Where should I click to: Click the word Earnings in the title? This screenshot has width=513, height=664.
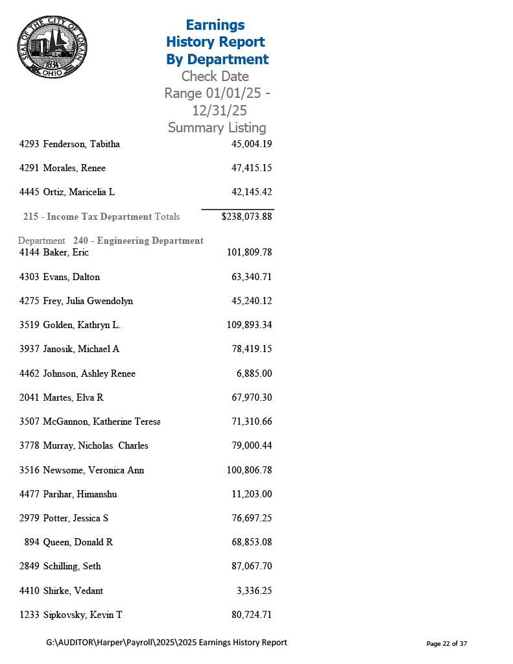pyautogui.click(x=215, y=25)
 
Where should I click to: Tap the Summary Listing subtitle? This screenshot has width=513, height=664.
pyautogui.click(x=217, y=128)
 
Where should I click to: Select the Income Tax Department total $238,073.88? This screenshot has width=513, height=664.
pyautogui.click(x=246, y=217)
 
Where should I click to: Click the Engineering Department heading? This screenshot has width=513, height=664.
pyautogui.click(x=138, y=241)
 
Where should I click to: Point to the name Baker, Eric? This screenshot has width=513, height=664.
pyautogui.click(x=66, y=252)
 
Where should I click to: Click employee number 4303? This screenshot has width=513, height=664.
pyautogui.click(x=30, y=277)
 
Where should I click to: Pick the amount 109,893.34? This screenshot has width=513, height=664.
pyautogui.click(x=249, y=325)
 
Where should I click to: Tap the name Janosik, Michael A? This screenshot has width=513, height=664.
pyautogui.click(x=81, y=349)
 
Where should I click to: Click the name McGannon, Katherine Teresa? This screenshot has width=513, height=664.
pyautogui.click(x=101, y=421)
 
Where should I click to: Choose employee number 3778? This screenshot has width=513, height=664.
pyautogui.click(x=30, y=445)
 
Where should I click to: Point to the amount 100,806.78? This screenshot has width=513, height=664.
pyautogui.click(x=249, y=470)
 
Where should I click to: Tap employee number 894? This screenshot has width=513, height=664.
pyautogui.click(x=32, y=542)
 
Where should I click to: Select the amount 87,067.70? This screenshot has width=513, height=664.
pyautogui.click(x=251, y=566)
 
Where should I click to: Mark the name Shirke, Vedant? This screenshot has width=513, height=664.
pyautogui.click(x=73, y=591)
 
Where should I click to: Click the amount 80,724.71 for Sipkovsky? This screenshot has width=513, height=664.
pyautogui.click(x=251, y=615)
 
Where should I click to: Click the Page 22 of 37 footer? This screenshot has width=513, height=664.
pyautogui.click(x=446, y=643)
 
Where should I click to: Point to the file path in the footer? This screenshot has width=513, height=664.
pyautogui.click(x=167, y=643)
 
